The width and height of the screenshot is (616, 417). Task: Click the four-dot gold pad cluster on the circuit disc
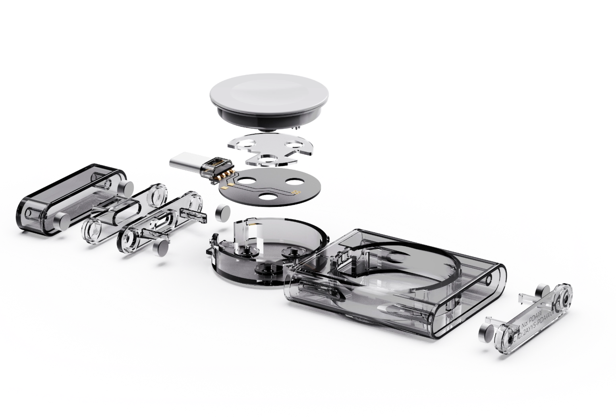point(295,193)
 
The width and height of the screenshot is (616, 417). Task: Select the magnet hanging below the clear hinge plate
point(160,249)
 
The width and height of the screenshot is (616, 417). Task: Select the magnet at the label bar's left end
point(487,331)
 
